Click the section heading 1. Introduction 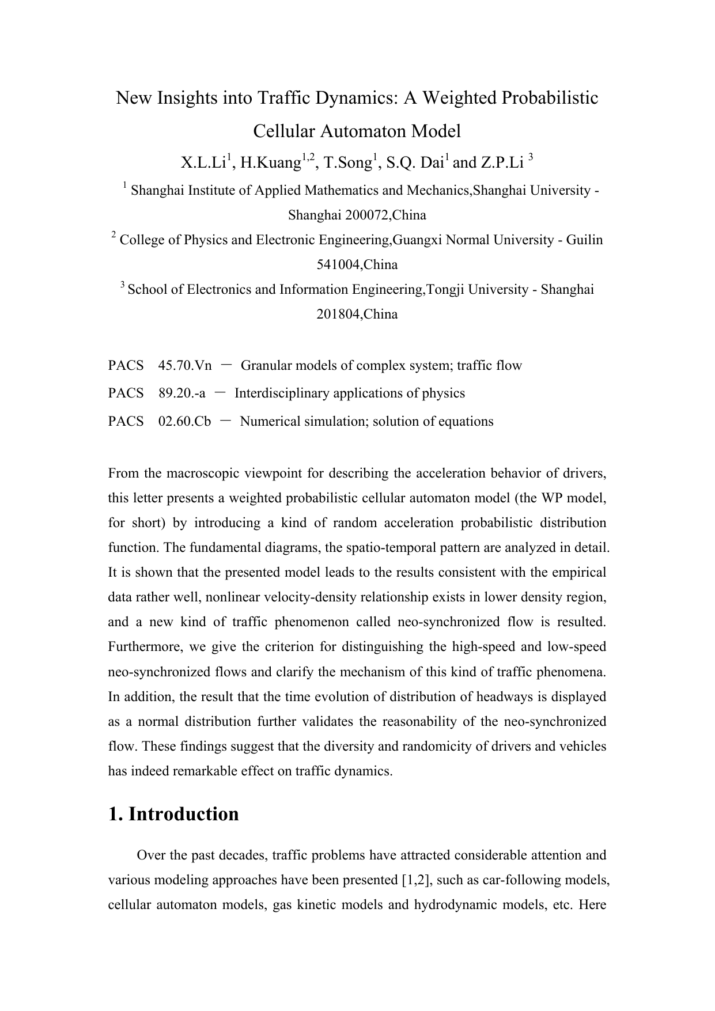coord(173,814)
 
